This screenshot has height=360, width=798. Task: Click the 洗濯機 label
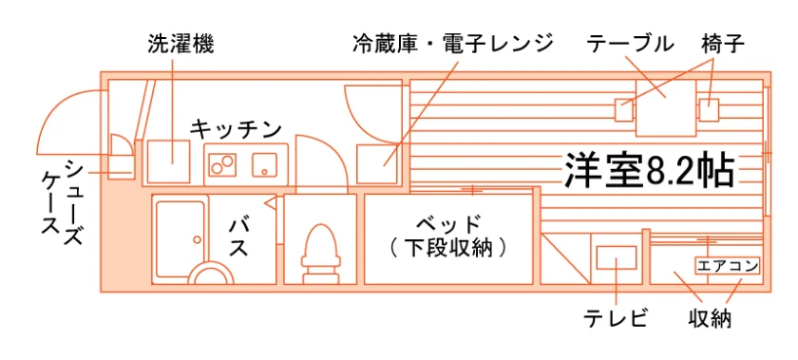pos(181,45)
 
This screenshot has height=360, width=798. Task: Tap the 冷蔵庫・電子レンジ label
pos(453,45)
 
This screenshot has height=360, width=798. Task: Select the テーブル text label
pos(630,45)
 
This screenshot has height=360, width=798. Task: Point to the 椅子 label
pos(722,45)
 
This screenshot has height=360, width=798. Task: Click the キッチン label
pos(236,128)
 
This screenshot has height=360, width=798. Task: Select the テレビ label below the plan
pos(616,319)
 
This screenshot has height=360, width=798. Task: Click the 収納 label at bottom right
pos(711,319)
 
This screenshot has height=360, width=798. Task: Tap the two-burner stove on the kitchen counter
pos(222,164)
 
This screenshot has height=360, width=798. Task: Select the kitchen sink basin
pos(265,164)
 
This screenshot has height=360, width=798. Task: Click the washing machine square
pos(168,161)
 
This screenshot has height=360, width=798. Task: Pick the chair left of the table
pos(624,109)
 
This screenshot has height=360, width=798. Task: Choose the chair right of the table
pos(708,109)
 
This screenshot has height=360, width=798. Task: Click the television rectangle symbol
pos(616,257)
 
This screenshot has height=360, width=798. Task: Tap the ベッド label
pos(447,223)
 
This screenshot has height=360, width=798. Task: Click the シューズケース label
pos(62,202)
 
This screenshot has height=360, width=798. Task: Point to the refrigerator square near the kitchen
pos(378,164)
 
